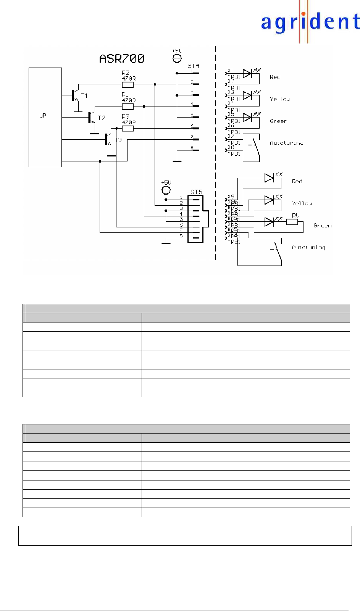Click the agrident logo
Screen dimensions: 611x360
click(310, 23)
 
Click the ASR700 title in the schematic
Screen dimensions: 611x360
click(122, 58)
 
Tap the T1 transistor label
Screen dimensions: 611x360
click(84, 96)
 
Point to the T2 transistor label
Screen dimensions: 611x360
click(101, 118)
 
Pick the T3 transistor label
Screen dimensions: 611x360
click(118, 140)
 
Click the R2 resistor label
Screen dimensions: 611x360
click(126, 73)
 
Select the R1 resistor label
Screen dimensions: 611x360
click(125, 94)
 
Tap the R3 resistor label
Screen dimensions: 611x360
click(126, 116)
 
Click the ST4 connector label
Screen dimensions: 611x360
click(193, 66)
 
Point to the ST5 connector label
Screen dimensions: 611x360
click(196, 192)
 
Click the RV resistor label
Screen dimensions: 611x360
click(295, 216)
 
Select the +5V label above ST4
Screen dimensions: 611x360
click(177, 51)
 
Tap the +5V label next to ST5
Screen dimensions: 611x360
click(166, 182)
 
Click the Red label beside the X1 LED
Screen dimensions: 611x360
click(275, 77)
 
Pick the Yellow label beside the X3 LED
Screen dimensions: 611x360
click(279, 99)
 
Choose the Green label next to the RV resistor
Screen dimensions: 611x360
click(323, 226)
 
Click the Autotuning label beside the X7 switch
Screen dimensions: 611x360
click(286, 143)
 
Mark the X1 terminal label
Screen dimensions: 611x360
click(230, 70)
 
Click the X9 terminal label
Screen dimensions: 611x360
click(231, 197)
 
